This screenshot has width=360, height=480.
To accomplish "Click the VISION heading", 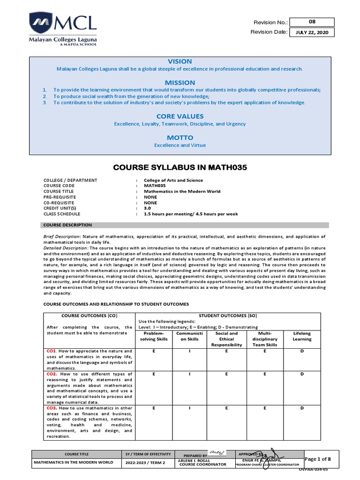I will [180, 61].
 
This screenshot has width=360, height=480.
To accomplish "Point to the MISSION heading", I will [180, 82].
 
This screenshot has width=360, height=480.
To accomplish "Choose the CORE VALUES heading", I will [180, 116].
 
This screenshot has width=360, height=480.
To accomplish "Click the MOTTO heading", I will [180, 137].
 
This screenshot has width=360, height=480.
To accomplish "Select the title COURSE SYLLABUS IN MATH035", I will [180, 167].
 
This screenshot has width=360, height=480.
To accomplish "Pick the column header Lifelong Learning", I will [302, 336].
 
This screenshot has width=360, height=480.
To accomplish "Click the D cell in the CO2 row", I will [302, 374].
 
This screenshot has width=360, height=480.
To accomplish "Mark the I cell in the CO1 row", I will [190, 351].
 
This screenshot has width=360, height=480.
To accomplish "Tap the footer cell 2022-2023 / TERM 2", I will [140, 463].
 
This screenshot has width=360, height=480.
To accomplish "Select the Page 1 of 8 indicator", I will [318, 458].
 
